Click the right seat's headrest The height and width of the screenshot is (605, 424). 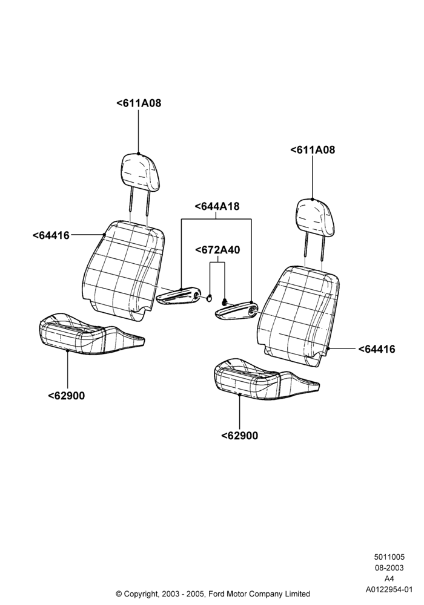315,217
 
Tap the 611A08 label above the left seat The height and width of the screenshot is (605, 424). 139,103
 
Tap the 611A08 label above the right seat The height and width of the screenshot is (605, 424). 313,149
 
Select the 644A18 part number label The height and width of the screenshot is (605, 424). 217,206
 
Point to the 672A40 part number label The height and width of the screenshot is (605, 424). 217,250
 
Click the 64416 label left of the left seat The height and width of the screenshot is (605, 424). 51,235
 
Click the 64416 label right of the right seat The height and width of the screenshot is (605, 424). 377,349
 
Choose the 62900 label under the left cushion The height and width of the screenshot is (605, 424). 67,396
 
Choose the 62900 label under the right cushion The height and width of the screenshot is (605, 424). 239,436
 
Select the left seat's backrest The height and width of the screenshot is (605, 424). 124,270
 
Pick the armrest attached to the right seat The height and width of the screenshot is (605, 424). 236,311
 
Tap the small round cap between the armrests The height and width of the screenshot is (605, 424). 210,298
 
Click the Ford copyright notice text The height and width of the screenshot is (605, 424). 213,594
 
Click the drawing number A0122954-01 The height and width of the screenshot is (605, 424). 389,589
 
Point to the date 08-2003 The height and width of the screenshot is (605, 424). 389,567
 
